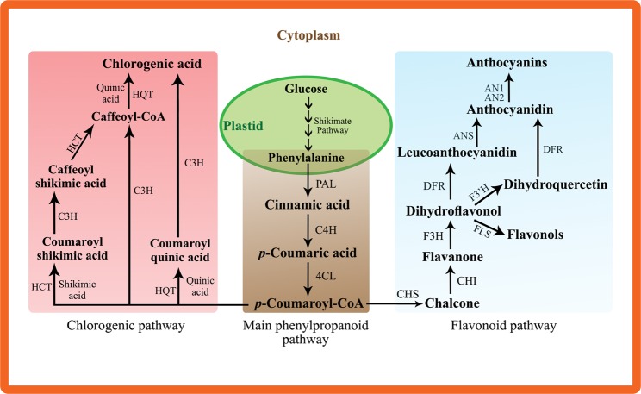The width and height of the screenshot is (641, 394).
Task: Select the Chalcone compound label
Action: (x=452, y=303)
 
